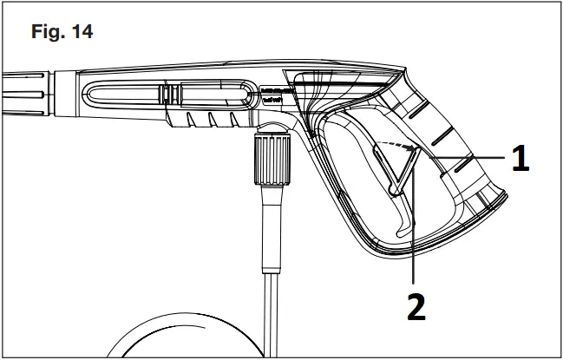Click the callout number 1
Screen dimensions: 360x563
point(520,161)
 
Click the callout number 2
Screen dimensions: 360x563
point(417,307)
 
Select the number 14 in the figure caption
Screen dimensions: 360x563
point(80,33)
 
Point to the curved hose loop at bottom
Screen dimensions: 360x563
point(173,338)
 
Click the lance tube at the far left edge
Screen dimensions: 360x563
point(17,89)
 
